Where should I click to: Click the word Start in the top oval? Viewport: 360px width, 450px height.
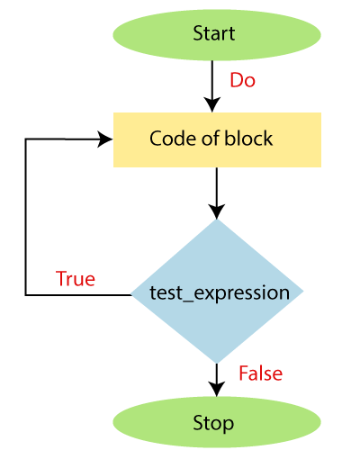coord(213,33)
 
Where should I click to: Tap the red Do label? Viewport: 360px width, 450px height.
coord(242,80)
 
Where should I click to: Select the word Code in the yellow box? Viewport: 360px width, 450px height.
coord(173,139)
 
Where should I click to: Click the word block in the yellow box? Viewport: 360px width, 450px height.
coord(248,139)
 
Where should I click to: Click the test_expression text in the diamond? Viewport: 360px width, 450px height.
coord(220,293)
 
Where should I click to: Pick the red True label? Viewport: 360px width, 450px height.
coord(76,278)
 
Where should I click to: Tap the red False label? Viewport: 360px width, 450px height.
coord(260,373)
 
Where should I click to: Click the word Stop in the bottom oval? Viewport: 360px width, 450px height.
coord(213,423)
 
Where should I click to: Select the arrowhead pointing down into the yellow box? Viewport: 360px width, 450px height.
coord(212,104)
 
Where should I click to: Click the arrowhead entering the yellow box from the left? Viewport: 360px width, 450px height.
coord(105,139)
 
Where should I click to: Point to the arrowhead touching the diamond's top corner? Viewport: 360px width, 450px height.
coord(217,211)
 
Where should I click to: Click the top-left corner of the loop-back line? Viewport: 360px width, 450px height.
coord(26,139)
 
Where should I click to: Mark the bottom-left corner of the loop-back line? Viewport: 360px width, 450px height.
coord(26,295)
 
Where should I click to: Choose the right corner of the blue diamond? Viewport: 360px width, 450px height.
coord(303,291)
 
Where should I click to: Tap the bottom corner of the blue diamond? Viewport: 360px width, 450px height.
coord(217,364)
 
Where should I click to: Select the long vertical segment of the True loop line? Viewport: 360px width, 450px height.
coord(26,217)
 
